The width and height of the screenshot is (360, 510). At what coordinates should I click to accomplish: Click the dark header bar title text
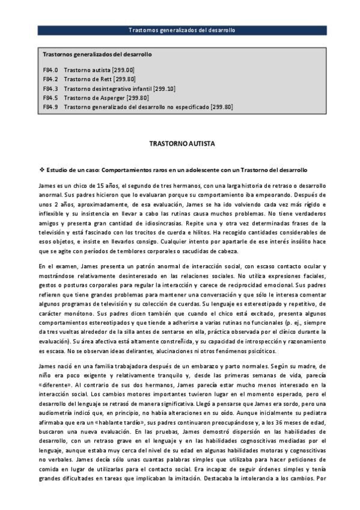pyautogui.click(x=182, y=29)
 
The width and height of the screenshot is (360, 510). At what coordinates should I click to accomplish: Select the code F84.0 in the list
pyautogui.click(x=50, y=70)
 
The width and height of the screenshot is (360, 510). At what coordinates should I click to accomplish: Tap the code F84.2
pyautogui.click(x=50, y=79)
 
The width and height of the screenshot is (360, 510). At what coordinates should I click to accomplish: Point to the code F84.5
pyautogui.click(x=50, y=97)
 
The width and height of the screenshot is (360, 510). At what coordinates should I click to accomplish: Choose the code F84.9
pyautogui.click(x=50, y=106)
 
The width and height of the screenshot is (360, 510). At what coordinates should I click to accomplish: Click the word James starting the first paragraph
pyautogui.click(x=47, y=186)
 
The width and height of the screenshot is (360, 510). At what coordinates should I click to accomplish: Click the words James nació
pyautogui.click(x=55, y=366)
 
